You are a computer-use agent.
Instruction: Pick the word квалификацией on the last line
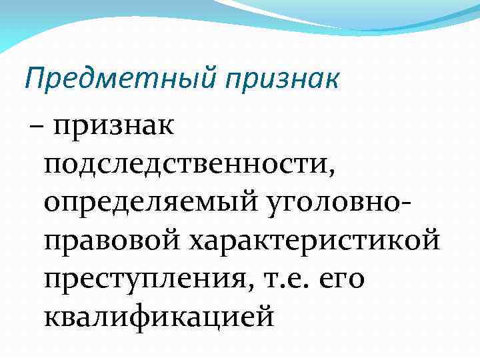159,313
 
